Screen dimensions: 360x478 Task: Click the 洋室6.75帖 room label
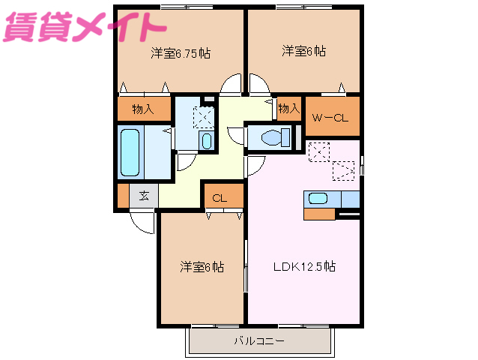coord(180,53)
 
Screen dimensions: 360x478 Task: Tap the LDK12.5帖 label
coord(303,267)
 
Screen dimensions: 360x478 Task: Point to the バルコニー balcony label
coord(259,342)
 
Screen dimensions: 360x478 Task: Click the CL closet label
coord(220,198)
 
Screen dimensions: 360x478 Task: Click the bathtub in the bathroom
coord(131,152)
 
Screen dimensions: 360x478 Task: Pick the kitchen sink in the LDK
coord(318,199)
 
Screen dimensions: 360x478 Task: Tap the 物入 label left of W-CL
coord(288,109)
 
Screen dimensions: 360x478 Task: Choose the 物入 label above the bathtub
coord(143,109)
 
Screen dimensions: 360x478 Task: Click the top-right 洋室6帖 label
coord(303,51)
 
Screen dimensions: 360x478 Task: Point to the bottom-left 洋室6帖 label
coord(202,266)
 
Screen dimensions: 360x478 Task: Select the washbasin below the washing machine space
coord(206,141)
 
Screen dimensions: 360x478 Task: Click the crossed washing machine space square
coord(203,117)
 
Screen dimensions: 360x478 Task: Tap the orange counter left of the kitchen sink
coord(319,213)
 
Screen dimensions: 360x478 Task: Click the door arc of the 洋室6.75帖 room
coord(232,85)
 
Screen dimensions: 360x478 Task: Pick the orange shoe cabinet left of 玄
coord(123,196)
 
